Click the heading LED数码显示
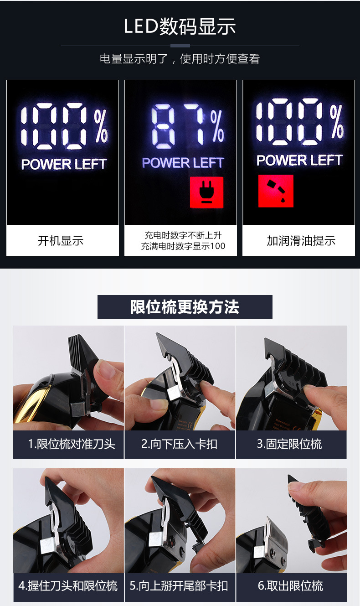point(180,26)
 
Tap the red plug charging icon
point(206,192)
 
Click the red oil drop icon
point(276,191)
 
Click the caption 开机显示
point(61,241)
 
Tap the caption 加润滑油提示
point(301,241)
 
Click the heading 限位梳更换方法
point(185,307)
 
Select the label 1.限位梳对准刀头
point(72,444)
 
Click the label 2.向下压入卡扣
point(179,444)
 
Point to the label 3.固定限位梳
point(289,444)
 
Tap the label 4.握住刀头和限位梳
point(68,586)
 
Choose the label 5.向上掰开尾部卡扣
point(179,586)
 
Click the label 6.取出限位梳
point(291,586)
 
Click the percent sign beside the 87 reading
point(217,126)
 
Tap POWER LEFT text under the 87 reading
point(183,163)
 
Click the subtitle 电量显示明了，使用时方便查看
point(180,59)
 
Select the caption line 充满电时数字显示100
point(183,246)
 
